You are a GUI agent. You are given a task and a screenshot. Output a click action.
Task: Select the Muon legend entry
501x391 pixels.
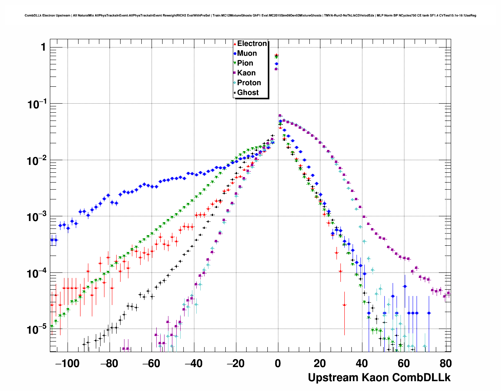click(x=247, y=53)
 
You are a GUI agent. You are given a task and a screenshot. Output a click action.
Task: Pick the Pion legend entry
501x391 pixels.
click(x=245, y=63)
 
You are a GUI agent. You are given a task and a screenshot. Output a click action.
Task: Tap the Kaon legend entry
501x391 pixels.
click(x=246, y=73)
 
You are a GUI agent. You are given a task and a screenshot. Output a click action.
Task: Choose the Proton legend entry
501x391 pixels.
click(x=249, y=83)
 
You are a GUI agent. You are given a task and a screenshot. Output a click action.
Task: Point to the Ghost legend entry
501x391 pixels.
click(x=248, y=93)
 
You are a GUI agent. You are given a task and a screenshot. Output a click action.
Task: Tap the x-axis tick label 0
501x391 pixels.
click(x=278, y=364)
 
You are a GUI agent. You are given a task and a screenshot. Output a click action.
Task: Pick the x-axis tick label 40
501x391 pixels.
click(x=362, y=364)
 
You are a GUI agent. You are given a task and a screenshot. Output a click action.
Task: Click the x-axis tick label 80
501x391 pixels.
click(x=446, y=364)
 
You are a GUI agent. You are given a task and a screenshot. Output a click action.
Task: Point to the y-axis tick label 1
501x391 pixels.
click(x=43, y=48)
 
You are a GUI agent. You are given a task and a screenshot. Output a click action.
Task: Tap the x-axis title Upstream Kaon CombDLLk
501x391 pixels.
click(x=379, y=378)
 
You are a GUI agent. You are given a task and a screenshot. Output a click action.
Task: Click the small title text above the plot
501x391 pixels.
click(x=251, y=15)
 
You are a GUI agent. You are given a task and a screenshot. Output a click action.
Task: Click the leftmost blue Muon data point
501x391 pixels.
click(x=52, y=240)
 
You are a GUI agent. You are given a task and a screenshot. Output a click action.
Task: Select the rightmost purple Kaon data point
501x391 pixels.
click(x=449, y=293)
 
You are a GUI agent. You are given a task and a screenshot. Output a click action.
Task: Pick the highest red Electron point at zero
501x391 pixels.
click(x=276, y=55)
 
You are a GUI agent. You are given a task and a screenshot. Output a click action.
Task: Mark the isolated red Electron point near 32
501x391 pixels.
click(x=344, y=305)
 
